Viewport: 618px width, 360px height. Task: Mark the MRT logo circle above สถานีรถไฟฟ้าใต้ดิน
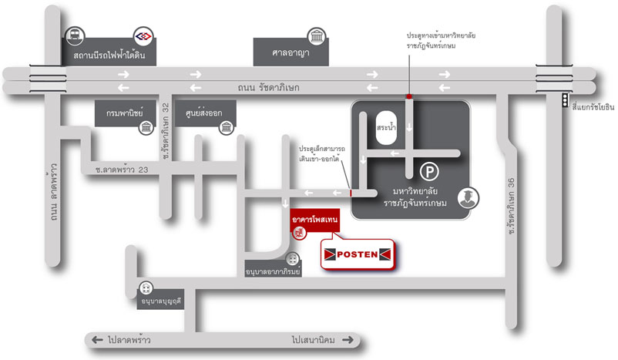(144, 36)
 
